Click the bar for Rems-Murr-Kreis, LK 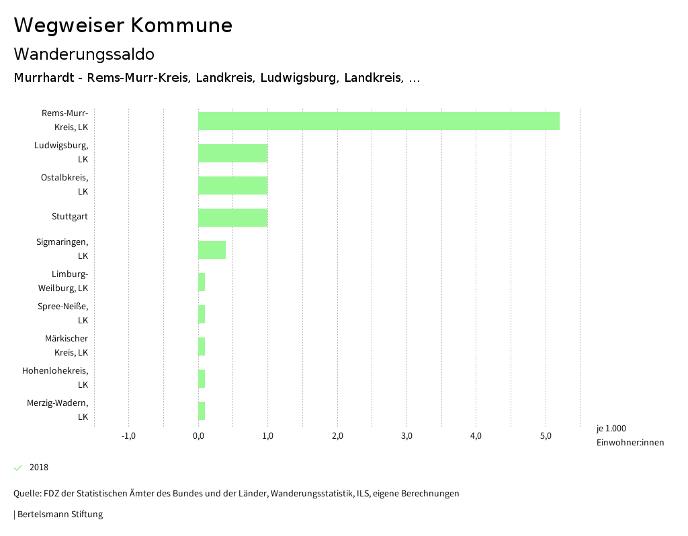point(379,121)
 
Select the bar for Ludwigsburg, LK point(232,153)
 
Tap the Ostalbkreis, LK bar point(232,185)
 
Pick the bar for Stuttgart point(232,217)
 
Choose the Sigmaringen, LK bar point(212,250)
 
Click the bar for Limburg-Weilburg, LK point(202,282)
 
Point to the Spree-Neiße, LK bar point(202,314)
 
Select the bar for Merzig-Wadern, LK point(202,411)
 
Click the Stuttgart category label point(69,217)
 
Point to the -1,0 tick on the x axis point(128,436)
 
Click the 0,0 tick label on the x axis point(198,436)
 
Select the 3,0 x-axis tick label point(406,436)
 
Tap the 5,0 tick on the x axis point(546,436)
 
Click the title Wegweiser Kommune point(123,25)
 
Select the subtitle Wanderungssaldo point(84,54)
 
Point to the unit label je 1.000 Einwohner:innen point(630,435)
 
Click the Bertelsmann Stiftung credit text point(59,515)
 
